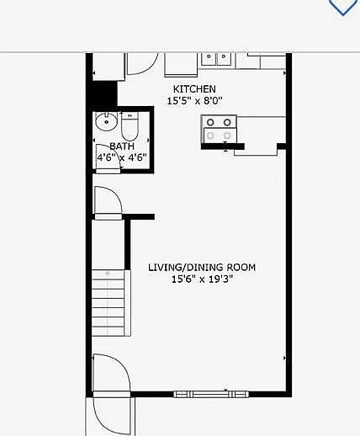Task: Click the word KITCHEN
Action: pyautogui.click(x=194, y=89)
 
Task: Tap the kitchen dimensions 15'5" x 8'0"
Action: pyautogui.click(x=194, y=101)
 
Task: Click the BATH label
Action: pyautogui.click(x=109, y=146)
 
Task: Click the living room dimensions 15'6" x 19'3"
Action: pyautogui.click(x=202, y=279)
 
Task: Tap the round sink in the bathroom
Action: pyautogui.click(x=106, y=123)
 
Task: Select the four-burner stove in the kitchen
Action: pyautogui.click(x=219, y=129)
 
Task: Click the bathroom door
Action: pyautogui.click(x=109, y=158)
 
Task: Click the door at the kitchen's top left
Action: pyautogui.click(x=141, y=65)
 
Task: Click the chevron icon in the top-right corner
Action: pyautogui.click(x=342, y=7)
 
